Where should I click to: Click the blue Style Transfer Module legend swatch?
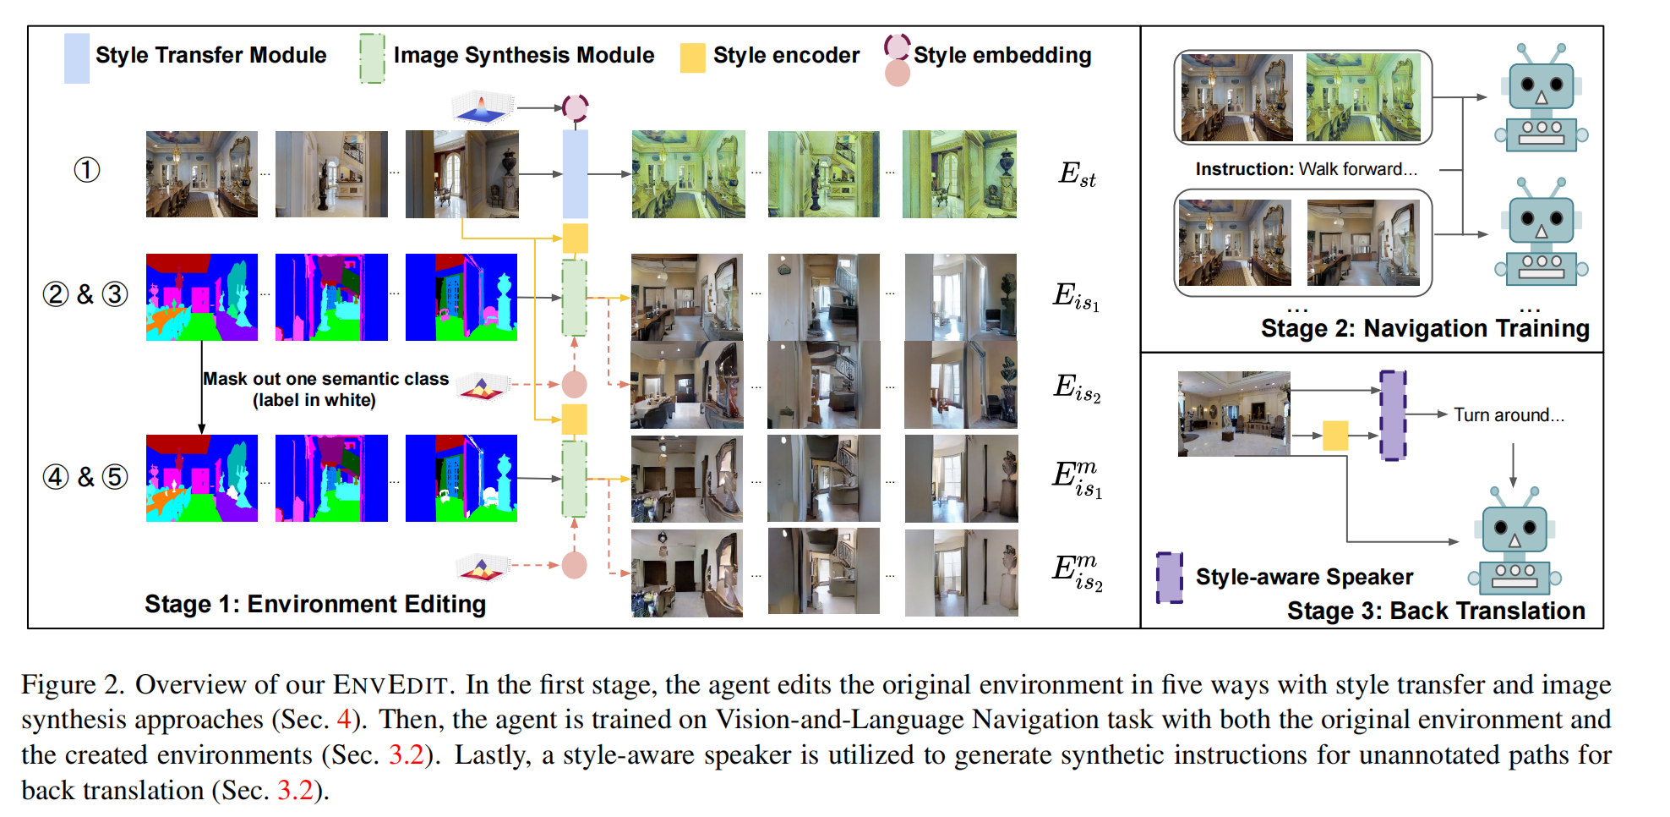click(x=77, y=58)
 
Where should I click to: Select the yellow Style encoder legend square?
click(x=693, y=58)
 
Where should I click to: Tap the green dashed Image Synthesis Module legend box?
click(x=372, y=58)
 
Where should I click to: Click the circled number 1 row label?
click(x=87, y=170)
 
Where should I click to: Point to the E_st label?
click(x=1077, y=173)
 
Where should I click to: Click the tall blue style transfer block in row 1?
click(x=576, y=174)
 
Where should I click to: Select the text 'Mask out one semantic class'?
click(x=326, y=379)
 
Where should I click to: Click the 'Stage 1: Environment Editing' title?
click(x=315, y=604)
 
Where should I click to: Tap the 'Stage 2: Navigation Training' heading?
click(x=1425, y=328)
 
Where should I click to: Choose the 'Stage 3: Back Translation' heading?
click(x=1436, y=611)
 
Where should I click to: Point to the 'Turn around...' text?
click(x=1509, y=415)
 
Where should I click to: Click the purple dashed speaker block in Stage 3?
click(x=1393, y=415)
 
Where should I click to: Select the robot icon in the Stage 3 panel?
click(x=1514, y=541)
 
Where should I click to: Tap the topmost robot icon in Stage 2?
click(x=1541, y=97)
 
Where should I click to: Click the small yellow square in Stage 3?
click(x=1335, y=436)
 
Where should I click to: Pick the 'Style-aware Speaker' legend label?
click(x=1304, y=577)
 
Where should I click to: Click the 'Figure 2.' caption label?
click(x=73, y=684)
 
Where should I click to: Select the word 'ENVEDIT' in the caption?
click(x=389, y=684)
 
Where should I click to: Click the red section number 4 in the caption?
click(x=344, y=720)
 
